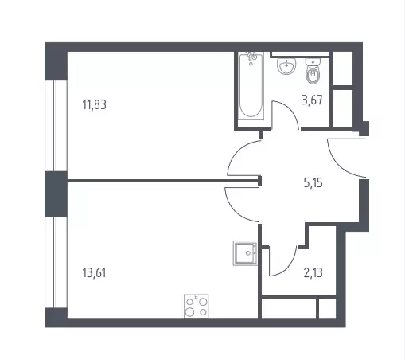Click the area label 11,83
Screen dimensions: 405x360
95,104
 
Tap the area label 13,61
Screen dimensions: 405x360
94,272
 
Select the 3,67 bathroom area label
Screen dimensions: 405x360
313,100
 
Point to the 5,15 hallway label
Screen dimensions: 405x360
313,183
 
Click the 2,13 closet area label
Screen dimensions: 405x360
313,272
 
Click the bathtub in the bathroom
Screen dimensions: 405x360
251,86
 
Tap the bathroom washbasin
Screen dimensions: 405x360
286,65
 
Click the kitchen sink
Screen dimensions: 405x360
245,253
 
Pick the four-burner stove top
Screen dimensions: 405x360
197,306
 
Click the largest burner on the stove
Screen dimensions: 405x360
189,311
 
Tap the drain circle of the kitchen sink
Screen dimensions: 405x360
248,253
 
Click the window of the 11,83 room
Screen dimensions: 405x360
56,126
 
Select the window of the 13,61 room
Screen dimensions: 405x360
56,263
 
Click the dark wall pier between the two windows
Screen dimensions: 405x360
56,194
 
